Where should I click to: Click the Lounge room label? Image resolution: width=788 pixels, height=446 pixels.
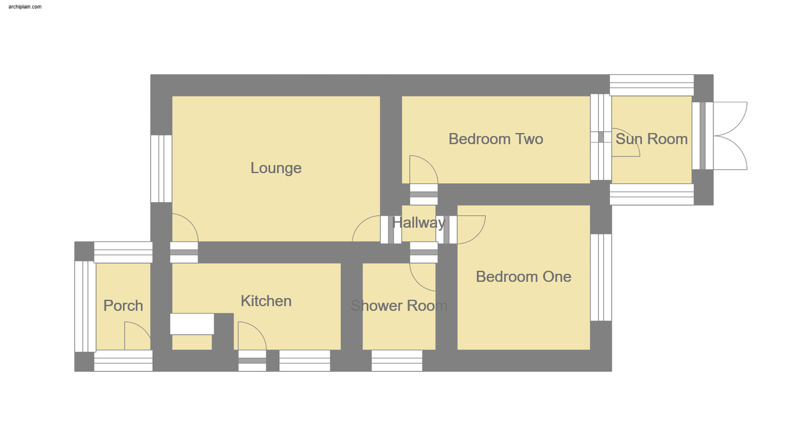[276, 168]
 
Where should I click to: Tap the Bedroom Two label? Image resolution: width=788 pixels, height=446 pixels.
[496, 139]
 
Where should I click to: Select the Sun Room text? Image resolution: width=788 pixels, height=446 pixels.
[651, 139]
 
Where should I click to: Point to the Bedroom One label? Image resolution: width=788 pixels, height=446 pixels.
[523, 277]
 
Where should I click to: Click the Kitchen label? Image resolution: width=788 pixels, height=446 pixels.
[266, 301]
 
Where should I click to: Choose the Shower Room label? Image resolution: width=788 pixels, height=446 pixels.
[399, 306]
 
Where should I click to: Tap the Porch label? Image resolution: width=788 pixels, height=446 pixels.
[123, 306]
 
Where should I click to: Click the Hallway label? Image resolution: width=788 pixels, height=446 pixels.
[419, 223]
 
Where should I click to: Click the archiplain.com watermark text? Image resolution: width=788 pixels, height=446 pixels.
[25, 7]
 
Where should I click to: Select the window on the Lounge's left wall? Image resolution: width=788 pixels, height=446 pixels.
[161, 168]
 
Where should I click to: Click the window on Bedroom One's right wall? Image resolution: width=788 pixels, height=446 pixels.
[601, 277]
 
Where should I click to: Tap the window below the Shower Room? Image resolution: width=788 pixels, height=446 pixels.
[397, 361]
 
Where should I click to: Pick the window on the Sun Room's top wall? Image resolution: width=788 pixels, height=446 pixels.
[651, 85]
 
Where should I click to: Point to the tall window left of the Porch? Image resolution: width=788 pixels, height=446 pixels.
[85, 306]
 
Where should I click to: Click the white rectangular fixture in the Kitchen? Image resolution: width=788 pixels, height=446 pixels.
[192, 324]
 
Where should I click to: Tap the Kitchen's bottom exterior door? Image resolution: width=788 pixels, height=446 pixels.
[252, 361]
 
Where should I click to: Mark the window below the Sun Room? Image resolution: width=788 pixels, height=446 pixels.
[651, 194]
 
